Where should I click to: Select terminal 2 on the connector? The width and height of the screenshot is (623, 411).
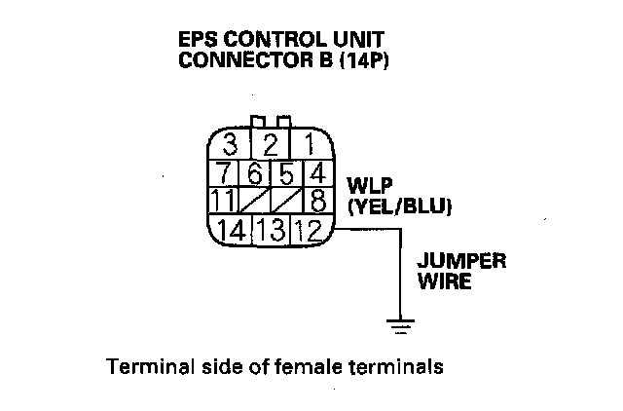click(272, 147)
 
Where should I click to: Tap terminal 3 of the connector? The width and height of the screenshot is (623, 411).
click(232, 147)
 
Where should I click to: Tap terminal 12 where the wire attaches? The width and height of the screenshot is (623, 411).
click(310, 232)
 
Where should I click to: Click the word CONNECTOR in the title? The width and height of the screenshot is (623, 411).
click(237, 58)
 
